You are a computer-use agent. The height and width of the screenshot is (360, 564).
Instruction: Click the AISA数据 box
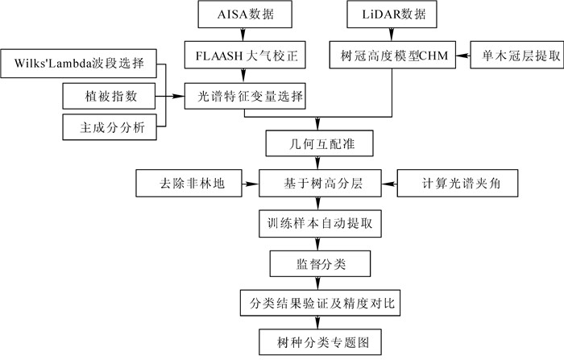tap(247, 14)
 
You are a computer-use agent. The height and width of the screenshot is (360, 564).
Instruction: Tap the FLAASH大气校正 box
tap(247, 56)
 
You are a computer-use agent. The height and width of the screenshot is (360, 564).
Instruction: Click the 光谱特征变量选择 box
tap(247, 97)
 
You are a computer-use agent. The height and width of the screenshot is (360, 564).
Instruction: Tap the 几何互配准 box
tap(319, 144)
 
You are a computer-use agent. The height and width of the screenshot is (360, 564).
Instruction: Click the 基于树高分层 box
tap(319, 183)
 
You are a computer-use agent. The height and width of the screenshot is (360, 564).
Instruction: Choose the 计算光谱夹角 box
tap(456, 183)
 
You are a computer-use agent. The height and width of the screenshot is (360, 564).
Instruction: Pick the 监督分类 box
tap(319, 262)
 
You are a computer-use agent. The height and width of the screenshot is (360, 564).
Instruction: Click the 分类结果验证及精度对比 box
tap(319, 301)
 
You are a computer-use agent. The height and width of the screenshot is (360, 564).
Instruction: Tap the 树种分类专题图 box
tap(319, 341)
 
